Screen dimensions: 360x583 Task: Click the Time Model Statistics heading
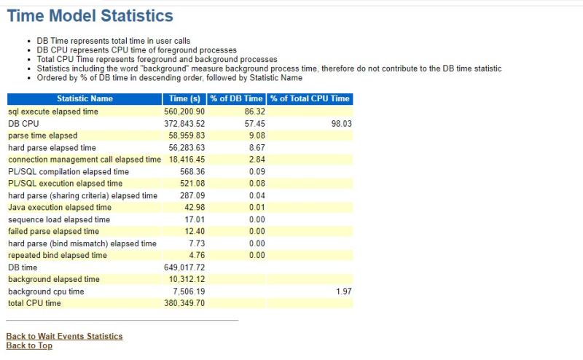(x=90, y=15)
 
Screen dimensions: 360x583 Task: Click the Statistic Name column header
(x=85, y=98)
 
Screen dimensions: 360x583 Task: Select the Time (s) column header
(x=184, y=98)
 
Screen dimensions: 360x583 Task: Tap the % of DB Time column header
(x=236, y=98)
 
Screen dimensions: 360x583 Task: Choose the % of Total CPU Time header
(x=310, y=98)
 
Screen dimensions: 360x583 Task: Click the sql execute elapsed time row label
(x=53, y=111)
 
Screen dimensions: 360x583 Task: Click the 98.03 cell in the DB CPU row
(x=340, y=124)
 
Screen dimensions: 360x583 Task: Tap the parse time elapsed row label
(x=42, y=136)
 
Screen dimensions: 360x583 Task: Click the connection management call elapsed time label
(x=85, y=160)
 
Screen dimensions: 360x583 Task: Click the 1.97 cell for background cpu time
(x=343, y=291)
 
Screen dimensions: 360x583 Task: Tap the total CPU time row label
(x=34, y=303)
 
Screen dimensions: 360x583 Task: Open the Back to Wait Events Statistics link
(x=64, y=336)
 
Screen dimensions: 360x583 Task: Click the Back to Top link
(x=29, y=345)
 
